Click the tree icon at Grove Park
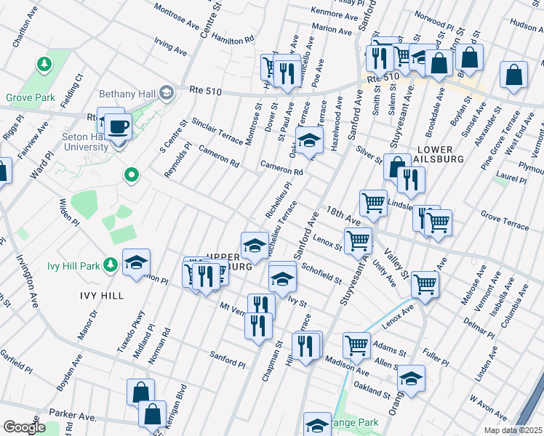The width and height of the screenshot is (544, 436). click(45, 65)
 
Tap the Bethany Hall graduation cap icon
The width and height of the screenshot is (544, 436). click(166, 92)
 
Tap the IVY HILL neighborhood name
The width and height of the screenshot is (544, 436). click(102, 296)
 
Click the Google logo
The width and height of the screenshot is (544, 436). click(24, 427)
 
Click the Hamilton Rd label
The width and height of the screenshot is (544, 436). click(233, 39)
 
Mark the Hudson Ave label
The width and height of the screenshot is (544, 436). click(527, 24)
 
